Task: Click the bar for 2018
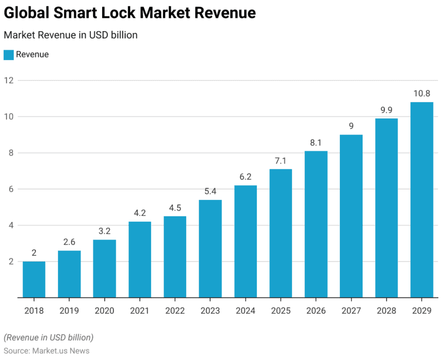click(34, 279)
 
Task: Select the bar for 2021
click(139, 259)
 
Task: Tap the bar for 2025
click(280, 233)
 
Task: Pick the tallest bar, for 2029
click(421, 200)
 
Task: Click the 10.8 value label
click(421, 94)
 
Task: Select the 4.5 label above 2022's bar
click(175, 208)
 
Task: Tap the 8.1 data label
click(316, 143)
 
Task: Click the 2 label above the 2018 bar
click(34, 253)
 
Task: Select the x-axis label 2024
click(245, 311)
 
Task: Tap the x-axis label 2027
click(351, 311)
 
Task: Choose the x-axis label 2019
click(69, 311)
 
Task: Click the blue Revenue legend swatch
click(8, 55)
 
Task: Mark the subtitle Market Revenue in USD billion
click(71, 35)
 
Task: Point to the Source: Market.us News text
click(46, 351)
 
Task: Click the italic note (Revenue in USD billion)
click(48, 337)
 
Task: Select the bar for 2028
click(386, 208)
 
